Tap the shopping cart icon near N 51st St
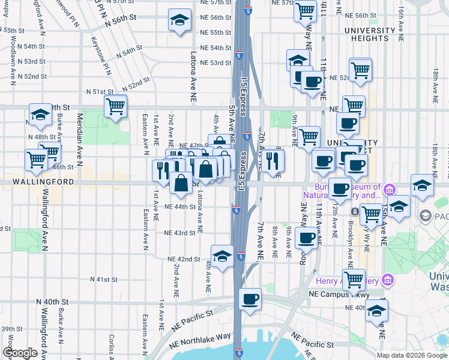[115, 107]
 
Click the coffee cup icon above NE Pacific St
[250, 298]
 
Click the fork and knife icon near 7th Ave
[273, 160]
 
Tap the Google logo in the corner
[20, 353]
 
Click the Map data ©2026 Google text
[411, 355]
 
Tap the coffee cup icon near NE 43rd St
[306, 238]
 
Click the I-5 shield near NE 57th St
[249, 10]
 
